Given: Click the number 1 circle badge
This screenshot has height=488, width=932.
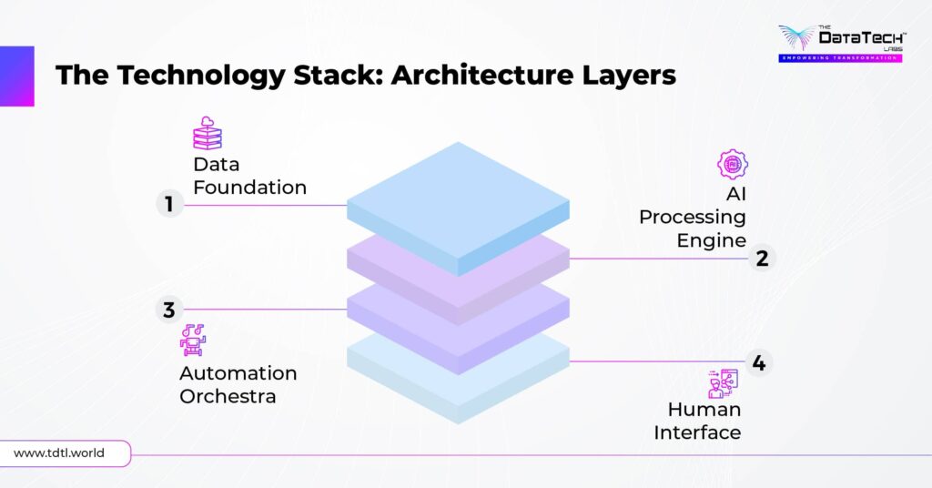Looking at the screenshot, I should coord(169,205).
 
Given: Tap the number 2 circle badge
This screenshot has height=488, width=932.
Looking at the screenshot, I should coord(762,259).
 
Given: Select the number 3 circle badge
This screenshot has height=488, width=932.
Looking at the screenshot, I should coord(169,310).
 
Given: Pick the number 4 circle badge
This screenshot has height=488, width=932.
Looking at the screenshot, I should coord(758,362).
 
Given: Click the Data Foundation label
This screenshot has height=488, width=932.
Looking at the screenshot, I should coord(249,176).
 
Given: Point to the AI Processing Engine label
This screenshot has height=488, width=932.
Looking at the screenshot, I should coord(694,218).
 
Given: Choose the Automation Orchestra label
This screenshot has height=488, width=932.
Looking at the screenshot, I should coord(238,385).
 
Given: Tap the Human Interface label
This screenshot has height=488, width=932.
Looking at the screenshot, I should coord(698,421).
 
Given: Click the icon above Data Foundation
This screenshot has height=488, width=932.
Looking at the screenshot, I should coord(208,133).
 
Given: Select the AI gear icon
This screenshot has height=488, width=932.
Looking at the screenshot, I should coord(732,165).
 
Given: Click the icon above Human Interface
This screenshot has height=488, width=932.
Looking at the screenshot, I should coord(723,383).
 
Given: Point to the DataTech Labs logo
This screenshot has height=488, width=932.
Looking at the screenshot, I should coord(838,43).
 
